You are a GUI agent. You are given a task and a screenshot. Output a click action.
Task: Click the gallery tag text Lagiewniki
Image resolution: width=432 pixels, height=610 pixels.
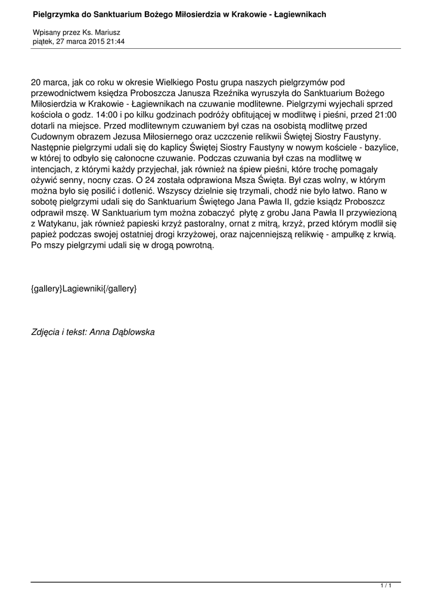tap(83, 289)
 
